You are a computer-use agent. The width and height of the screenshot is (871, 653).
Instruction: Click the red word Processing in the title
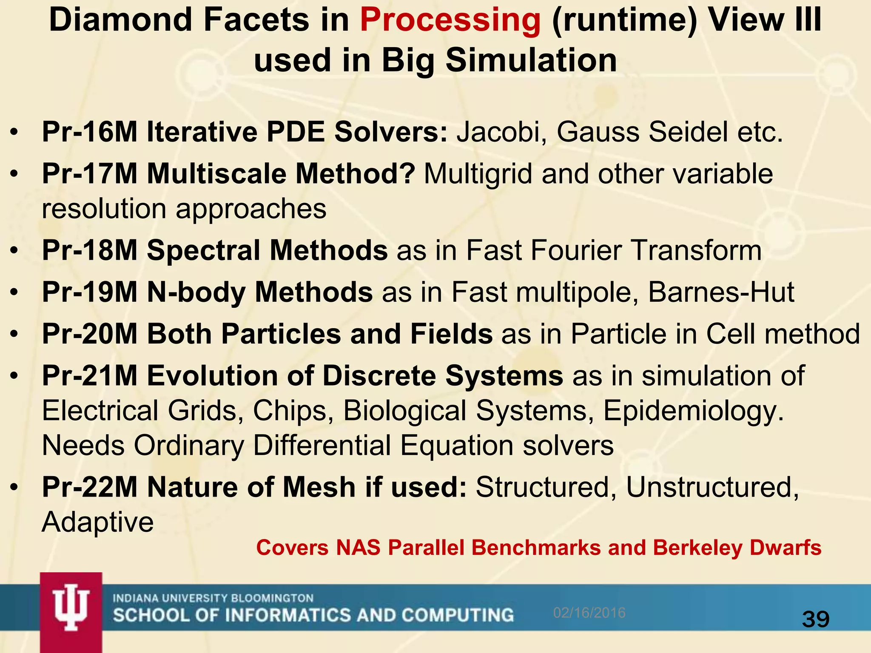[x=450, y=20]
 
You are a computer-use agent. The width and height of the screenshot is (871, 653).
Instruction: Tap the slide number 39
[x=816, y=619]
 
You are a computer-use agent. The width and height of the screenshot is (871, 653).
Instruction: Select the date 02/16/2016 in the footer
[x=589, y=613]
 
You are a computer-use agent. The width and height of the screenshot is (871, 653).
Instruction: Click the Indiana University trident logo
[x=71, y=609]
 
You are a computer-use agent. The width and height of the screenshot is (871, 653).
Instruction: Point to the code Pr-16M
[x=90, y=132]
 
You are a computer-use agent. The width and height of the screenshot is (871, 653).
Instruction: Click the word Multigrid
[x=478, y=174]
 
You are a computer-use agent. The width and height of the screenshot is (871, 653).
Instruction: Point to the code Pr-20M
[x=90, y=334]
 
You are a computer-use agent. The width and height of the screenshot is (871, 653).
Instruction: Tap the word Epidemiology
[x=693, y=412]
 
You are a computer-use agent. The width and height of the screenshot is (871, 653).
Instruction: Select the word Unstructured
[x=712, y=487]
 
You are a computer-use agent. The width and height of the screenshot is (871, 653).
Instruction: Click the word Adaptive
[x=98, y=522]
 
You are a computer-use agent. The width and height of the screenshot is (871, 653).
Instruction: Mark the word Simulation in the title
[x=531, y=60]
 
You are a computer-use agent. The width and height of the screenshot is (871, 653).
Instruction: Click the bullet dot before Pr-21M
[x=15, y=376]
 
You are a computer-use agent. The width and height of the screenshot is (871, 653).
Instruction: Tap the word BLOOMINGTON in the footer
[x=272, y=598]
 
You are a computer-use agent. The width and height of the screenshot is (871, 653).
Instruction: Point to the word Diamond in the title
[x=121, y=20]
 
